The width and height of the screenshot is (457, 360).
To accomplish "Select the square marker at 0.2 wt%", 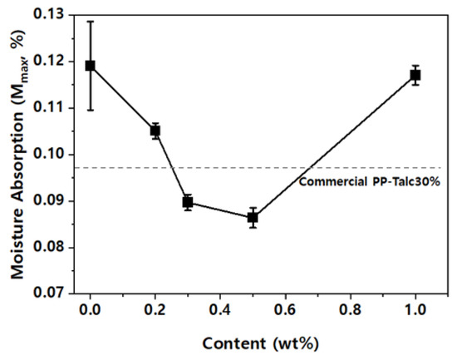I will coord(155,131).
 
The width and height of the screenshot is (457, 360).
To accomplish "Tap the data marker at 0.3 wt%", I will coord(188,202).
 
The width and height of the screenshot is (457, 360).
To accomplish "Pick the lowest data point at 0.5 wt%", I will coord(253,218).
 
